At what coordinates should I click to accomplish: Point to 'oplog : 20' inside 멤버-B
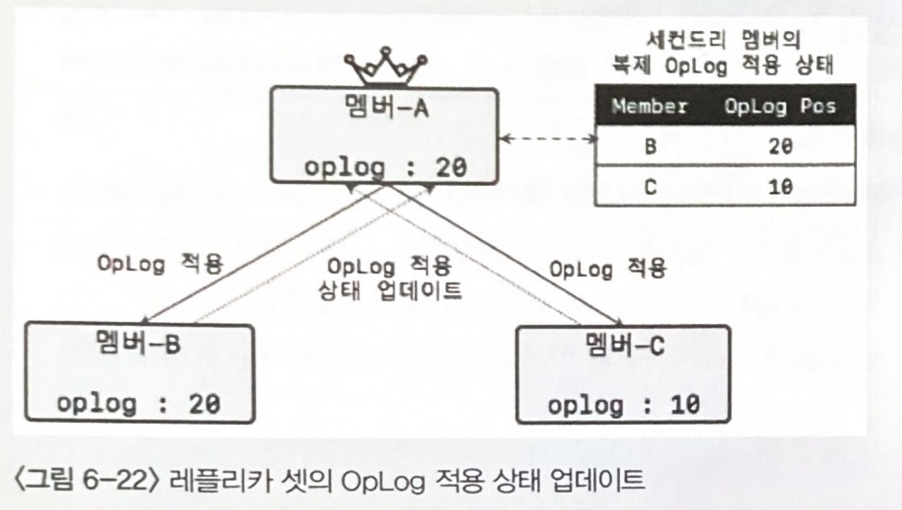pos(139,404)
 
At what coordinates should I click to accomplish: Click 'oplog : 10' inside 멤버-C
pos(624,405)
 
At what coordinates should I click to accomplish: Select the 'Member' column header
pos(649,106)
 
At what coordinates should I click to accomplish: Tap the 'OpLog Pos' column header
pos(779,106)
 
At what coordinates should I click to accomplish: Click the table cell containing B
pos(648,147)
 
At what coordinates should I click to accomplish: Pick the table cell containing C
pos(648,187)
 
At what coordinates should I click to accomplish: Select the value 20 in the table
pos(780,147)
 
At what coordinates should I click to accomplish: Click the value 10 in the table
pos(780,187)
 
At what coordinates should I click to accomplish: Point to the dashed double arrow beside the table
pos(547,139)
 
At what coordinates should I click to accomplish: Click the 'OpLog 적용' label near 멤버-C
pos(607,268)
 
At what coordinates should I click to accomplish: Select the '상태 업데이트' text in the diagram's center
pos(390,290)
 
